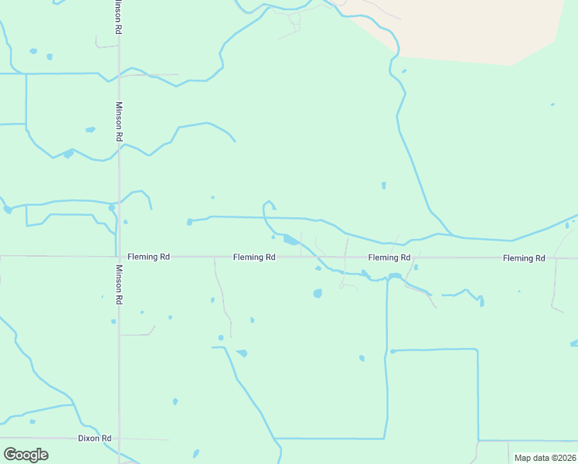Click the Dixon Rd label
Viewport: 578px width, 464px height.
click(x=95, y=438)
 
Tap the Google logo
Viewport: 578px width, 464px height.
click(x=25, y=454)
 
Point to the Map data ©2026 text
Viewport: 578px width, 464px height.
click(x=544, y=458)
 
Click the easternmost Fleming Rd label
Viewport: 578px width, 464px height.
click(x=523, y=258)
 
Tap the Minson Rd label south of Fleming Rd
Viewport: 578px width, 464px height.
click(x=119, y=284)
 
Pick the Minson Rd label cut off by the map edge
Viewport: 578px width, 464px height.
click(x=117, y=15)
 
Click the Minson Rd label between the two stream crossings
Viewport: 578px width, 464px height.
click(x=119, y=121)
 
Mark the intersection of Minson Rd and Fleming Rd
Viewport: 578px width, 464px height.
click(x=118, y=256)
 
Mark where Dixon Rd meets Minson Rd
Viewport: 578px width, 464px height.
click(x=118, y=438)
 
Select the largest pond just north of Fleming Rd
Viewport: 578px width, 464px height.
click(x=291, y=240)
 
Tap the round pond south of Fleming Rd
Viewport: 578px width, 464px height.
click(x=318, y=294)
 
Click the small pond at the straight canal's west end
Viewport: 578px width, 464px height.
click(x=189, y=222)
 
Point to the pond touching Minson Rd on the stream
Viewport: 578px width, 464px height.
click(x=112, y=207)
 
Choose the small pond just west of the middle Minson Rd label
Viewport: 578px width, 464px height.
click(x=90, y=129)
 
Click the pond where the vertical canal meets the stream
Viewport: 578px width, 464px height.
click(x=393, y=276)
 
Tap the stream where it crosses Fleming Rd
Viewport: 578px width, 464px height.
click(x=315, y=256)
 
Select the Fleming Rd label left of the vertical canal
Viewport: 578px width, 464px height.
click(x=389, y=257)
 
